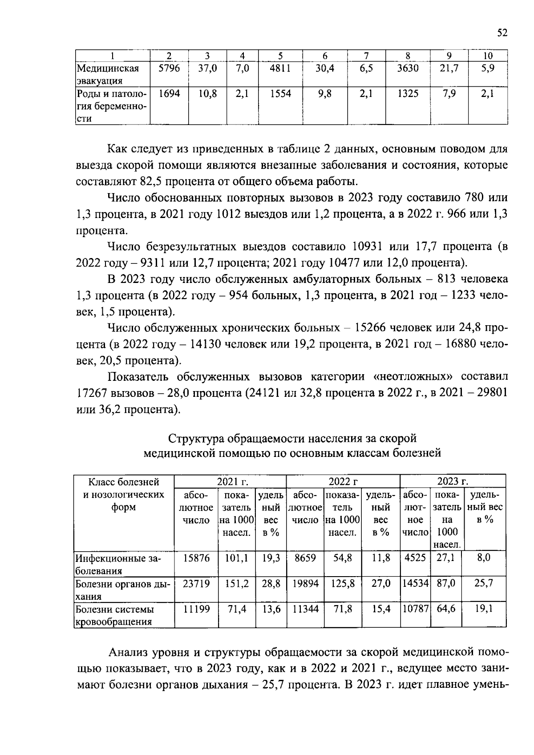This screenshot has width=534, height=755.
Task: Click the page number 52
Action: (502, 33)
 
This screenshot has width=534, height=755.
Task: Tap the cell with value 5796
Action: (169, 69)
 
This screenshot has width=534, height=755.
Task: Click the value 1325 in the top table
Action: (408, 94)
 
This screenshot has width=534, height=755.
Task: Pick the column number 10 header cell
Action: (488, 56)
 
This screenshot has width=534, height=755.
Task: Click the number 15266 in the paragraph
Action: (370, 328)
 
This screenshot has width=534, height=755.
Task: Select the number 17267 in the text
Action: (92, 393)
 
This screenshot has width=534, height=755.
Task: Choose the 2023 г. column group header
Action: (453, 481)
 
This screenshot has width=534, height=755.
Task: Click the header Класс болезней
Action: (124, 482)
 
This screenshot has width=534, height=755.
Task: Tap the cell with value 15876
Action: (196, 558)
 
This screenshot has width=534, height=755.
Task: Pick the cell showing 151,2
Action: (237, 583)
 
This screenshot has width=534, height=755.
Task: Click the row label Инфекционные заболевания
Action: (118, 564)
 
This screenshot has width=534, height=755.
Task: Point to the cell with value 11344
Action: (305, 609)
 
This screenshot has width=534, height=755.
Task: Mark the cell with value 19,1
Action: (483, 609)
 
